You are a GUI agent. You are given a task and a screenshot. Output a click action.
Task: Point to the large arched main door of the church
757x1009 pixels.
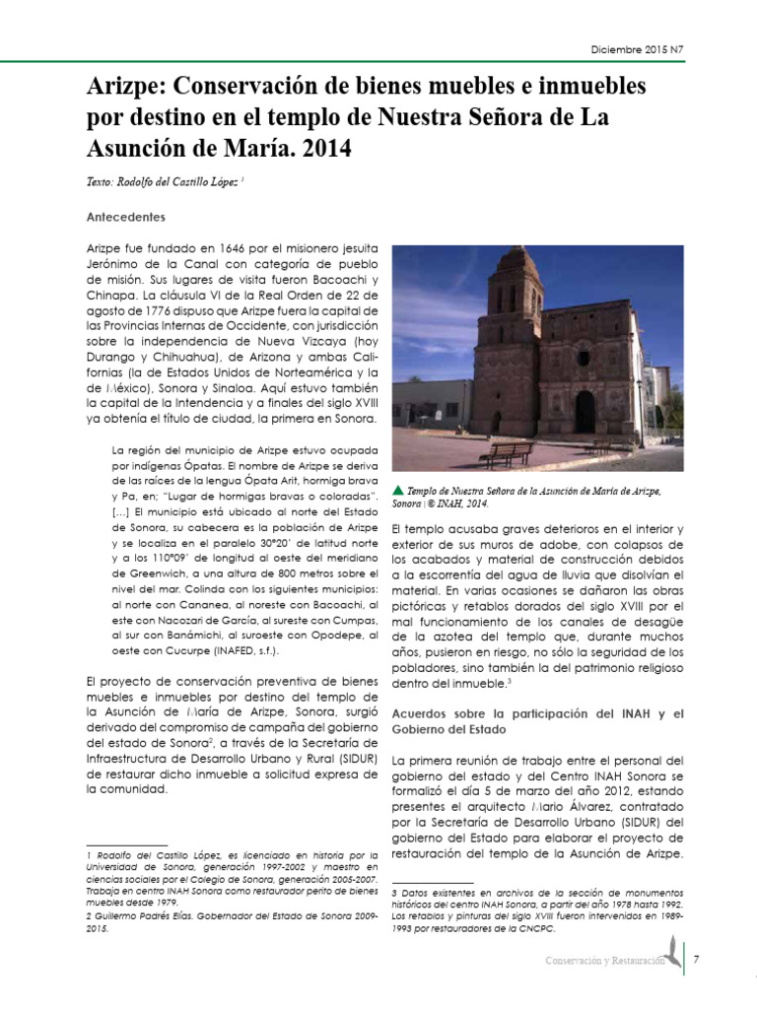[585, 412]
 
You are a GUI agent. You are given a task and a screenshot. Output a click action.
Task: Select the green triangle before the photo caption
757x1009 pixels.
[397, 490]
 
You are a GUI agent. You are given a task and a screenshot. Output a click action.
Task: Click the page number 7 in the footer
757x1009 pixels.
[696, 959]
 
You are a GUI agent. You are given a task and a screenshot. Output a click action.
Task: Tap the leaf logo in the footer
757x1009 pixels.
[672, 952]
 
